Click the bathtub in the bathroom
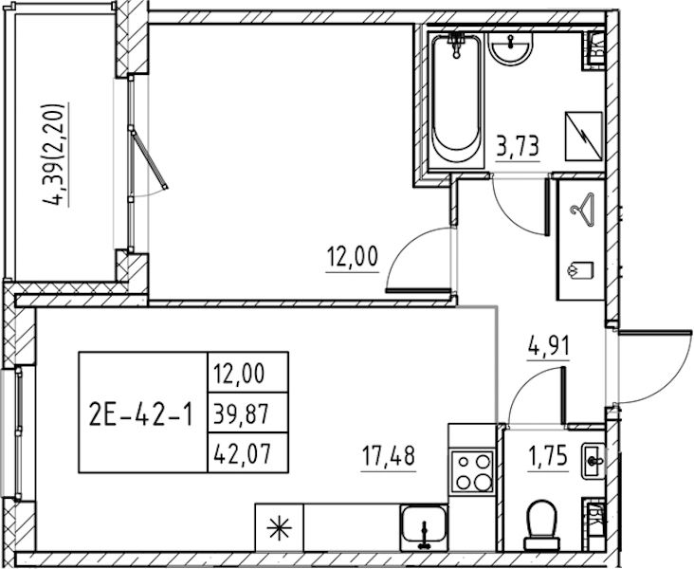tap(456, 101)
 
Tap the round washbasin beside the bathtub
tap(511, 47)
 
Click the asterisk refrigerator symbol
tap(280, 529)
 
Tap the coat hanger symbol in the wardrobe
tap(582, 210)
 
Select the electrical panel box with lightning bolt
tap(584, 137)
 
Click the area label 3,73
tap(518, 147)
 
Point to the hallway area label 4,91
tap(548, 346)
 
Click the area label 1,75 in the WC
tap(547, 456)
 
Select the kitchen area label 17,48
tap(388, 456)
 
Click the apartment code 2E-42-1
tap(141, 415)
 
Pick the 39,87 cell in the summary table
tap(247, 413)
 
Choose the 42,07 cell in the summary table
tap(247, 452)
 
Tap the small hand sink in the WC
tap(594, 461)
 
